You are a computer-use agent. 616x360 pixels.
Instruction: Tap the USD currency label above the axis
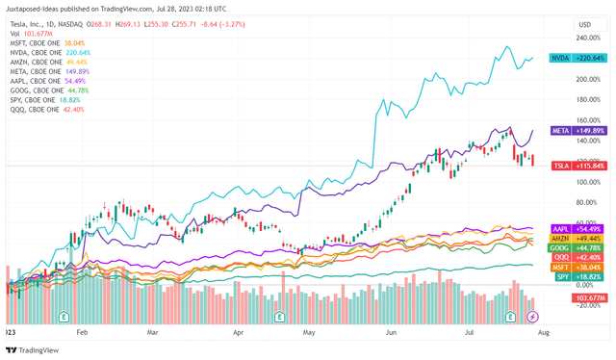(582, 23)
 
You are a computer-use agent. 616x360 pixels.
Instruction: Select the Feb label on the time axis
(82, 329)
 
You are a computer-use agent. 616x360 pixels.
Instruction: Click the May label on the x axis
(309, 329)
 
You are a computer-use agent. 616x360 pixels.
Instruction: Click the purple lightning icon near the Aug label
(534, 316)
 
